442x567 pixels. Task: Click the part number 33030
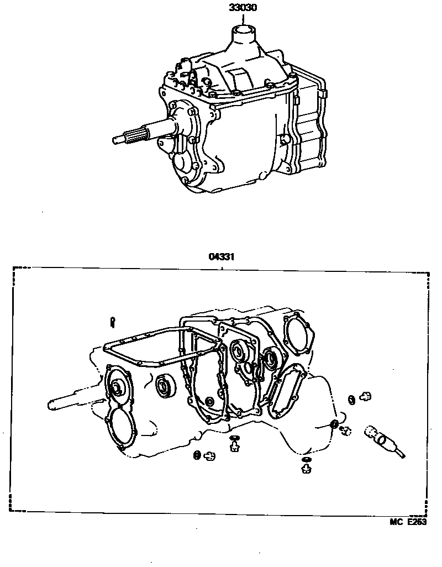pos(243,8)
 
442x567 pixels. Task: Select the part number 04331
pos(222,257)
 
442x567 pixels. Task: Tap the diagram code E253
pos(417,522)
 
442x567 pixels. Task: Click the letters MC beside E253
pos(397,522)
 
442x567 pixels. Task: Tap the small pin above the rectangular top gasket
pos(113,322)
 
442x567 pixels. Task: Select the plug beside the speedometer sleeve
pos(346,431)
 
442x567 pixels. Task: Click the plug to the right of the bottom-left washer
pos(209,456)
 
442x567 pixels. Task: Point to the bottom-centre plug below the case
pos(235,447)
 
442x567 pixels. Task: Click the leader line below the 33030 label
pos(243,19)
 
